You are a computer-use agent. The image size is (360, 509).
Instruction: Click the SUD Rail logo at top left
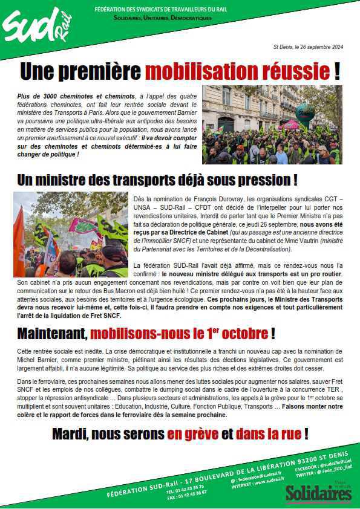pos(38,27)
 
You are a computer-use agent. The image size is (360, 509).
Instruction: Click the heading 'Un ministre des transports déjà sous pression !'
pos(157,180)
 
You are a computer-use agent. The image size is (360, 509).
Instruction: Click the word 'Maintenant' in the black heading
pos(52,334)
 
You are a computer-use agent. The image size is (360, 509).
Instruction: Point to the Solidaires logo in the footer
pos(318,492)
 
